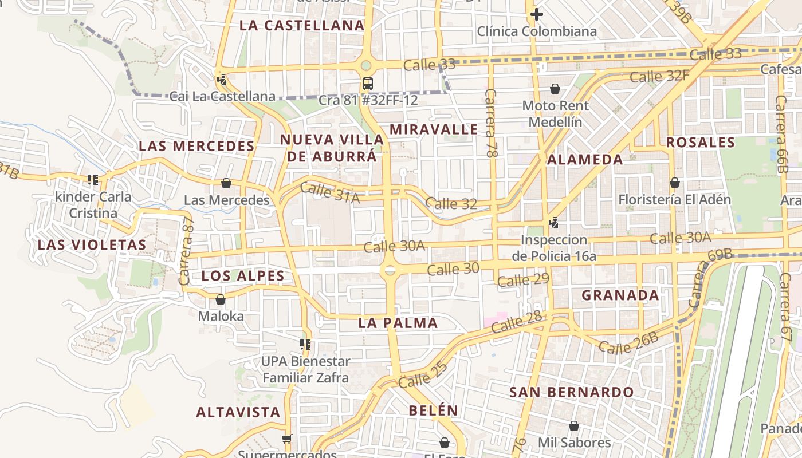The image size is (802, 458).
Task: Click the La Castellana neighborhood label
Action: [302, 25]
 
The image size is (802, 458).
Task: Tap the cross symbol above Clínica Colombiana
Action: [537, 14]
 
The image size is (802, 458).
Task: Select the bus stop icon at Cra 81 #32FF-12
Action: [368, 84]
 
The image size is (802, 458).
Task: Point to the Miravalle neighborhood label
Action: [434, 129]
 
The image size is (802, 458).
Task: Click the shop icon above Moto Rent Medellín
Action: [555, 89]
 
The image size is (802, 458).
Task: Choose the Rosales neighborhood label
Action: [700, 142]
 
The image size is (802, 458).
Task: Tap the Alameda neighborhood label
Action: [585, 160]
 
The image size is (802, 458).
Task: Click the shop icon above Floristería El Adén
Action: [675, 183]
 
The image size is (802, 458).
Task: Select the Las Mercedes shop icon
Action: [226, 183]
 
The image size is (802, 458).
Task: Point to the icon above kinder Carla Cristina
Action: [93, 180]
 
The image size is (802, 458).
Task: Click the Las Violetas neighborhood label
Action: [92, 245]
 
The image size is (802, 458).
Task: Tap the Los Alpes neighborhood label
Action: [243, 276]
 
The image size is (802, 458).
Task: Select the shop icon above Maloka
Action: [221, 299]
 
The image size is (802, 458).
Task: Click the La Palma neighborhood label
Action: [398, 323]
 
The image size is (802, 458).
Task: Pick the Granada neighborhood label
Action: [620, 295]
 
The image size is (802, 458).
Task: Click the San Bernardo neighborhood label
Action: [572, 393]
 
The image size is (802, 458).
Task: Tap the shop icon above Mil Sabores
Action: [574, 426]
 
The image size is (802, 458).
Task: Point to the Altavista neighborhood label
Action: [238, 412]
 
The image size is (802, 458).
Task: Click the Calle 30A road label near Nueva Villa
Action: [395, 246]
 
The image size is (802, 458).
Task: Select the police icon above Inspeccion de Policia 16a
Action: [554, 222]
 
